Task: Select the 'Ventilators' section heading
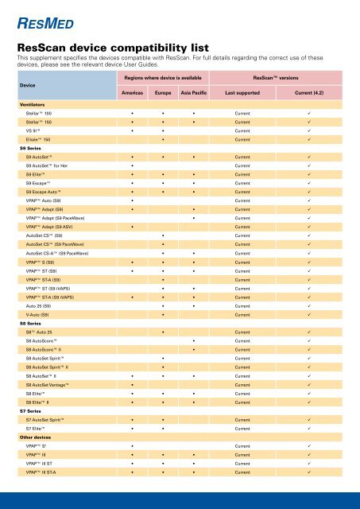pos(31,105)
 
